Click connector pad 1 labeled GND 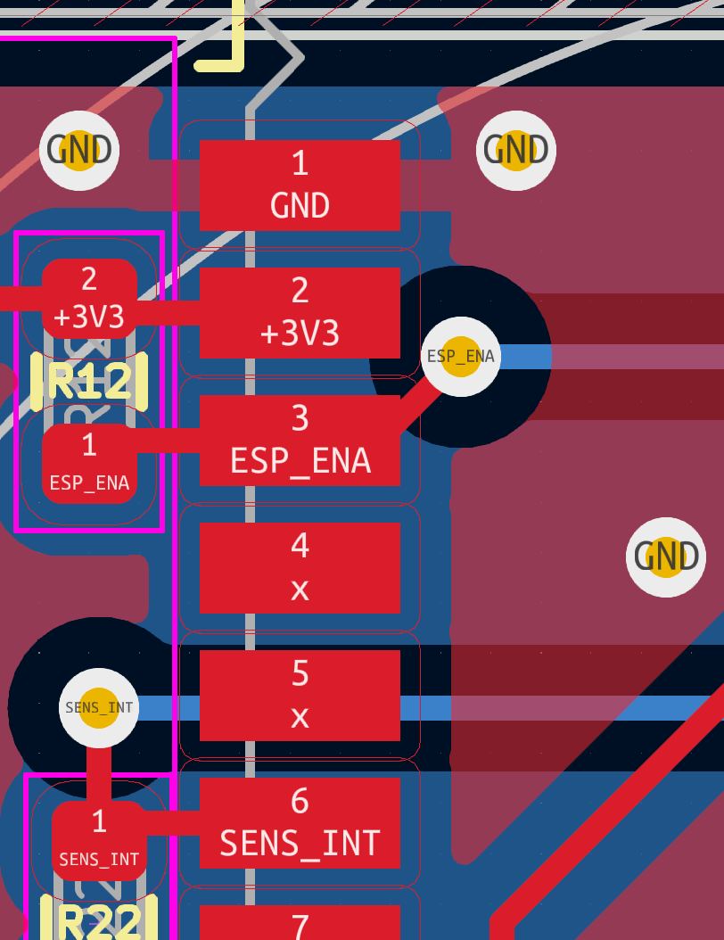[x=300, y=185]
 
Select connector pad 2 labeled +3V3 [x=300, y=312]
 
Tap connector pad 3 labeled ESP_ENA [x=300, y=441]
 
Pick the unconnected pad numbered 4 [x=300, y=568]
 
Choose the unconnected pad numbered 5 [x=300, y=696]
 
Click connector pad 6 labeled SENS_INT [x=300, y=823]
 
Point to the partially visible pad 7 [x=300, y=923]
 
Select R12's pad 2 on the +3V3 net [x=89, y=299]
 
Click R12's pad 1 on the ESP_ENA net [x=89, y=464]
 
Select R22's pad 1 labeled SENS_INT [x=99, y=840]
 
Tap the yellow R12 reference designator [x=89, y=382]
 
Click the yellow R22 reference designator [x=99, y=920]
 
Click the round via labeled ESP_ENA [x=460, y=357]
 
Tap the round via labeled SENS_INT [x=99, y=708]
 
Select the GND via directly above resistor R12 [x=79, y=150]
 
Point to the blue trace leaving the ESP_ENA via [x=624, y=357]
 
